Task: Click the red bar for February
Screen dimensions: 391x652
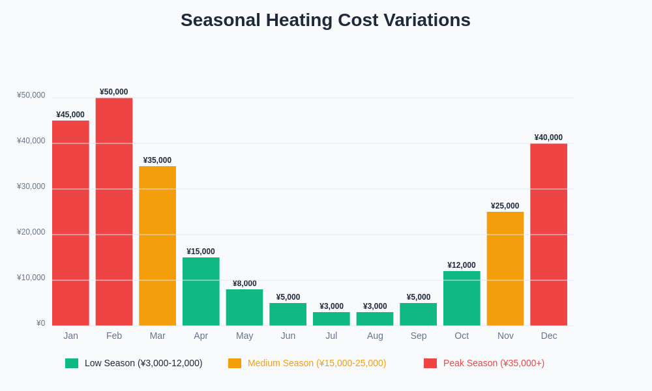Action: coord(114,212)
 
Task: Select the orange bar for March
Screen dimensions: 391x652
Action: coord(157,246)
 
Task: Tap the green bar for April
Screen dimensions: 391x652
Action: coord(201,291)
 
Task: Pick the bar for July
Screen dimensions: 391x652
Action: coord(331,319)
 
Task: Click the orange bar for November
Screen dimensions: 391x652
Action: coord(505,268)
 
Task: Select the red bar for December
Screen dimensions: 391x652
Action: coord(548,235)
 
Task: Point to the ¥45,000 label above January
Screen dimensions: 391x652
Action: coord(70,115)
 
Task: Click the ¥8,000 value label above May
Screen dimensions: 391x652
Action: coord(244,283)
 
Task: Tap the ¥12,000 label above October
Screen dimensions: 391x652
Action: coord(462,265)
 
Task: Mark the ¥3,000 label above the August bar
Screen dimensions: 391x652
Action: coord(375,306)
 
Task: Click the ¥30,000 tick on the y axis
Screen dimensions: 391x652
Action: coord(31,186)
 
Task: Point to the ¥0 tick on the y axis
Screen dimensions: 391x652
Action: coord(40,323)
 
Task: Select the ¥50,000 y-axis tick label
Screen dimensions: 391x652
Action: coord(31,95)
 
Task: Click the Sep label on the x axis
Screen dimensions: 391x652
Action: coord(419,336)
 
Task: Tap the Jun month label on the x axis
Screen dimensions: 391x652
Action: coord(288,336)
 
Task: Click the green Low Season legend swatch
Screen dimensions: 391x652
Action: coord(72,363)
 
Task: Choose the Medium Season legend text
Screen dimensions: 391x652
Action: coord(317,363)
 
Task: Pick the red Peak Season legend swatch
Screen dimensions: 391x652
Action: coord(430,363)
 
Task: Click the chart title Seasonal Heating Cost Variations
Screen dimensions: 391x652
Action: coord(325,20)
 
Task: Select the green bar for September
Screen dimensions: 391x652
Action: coord(418,314)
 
